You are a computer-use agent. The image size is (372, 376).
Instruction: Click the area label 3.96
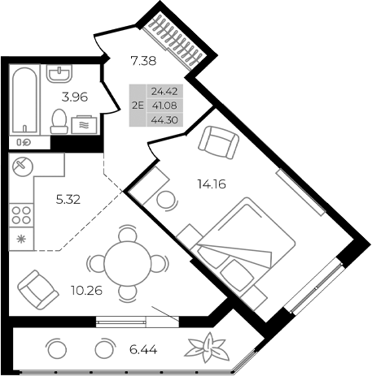(76, 98)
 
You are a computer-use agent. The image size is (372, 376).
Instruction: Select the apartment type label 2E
(136, 104)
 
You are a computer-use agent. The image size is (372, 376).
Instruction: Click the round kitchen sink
(22, 166)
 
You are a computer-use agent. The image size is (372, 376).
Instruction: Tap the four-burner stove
(22, 215)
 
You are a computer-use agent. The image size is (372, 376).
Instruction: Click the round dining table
(124, 261)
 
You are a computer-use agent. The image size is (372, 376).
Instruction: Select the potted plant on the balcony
(208, 348)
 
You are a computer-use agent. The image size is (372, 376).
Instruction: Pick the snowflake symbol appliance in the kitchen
(22, 241)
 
